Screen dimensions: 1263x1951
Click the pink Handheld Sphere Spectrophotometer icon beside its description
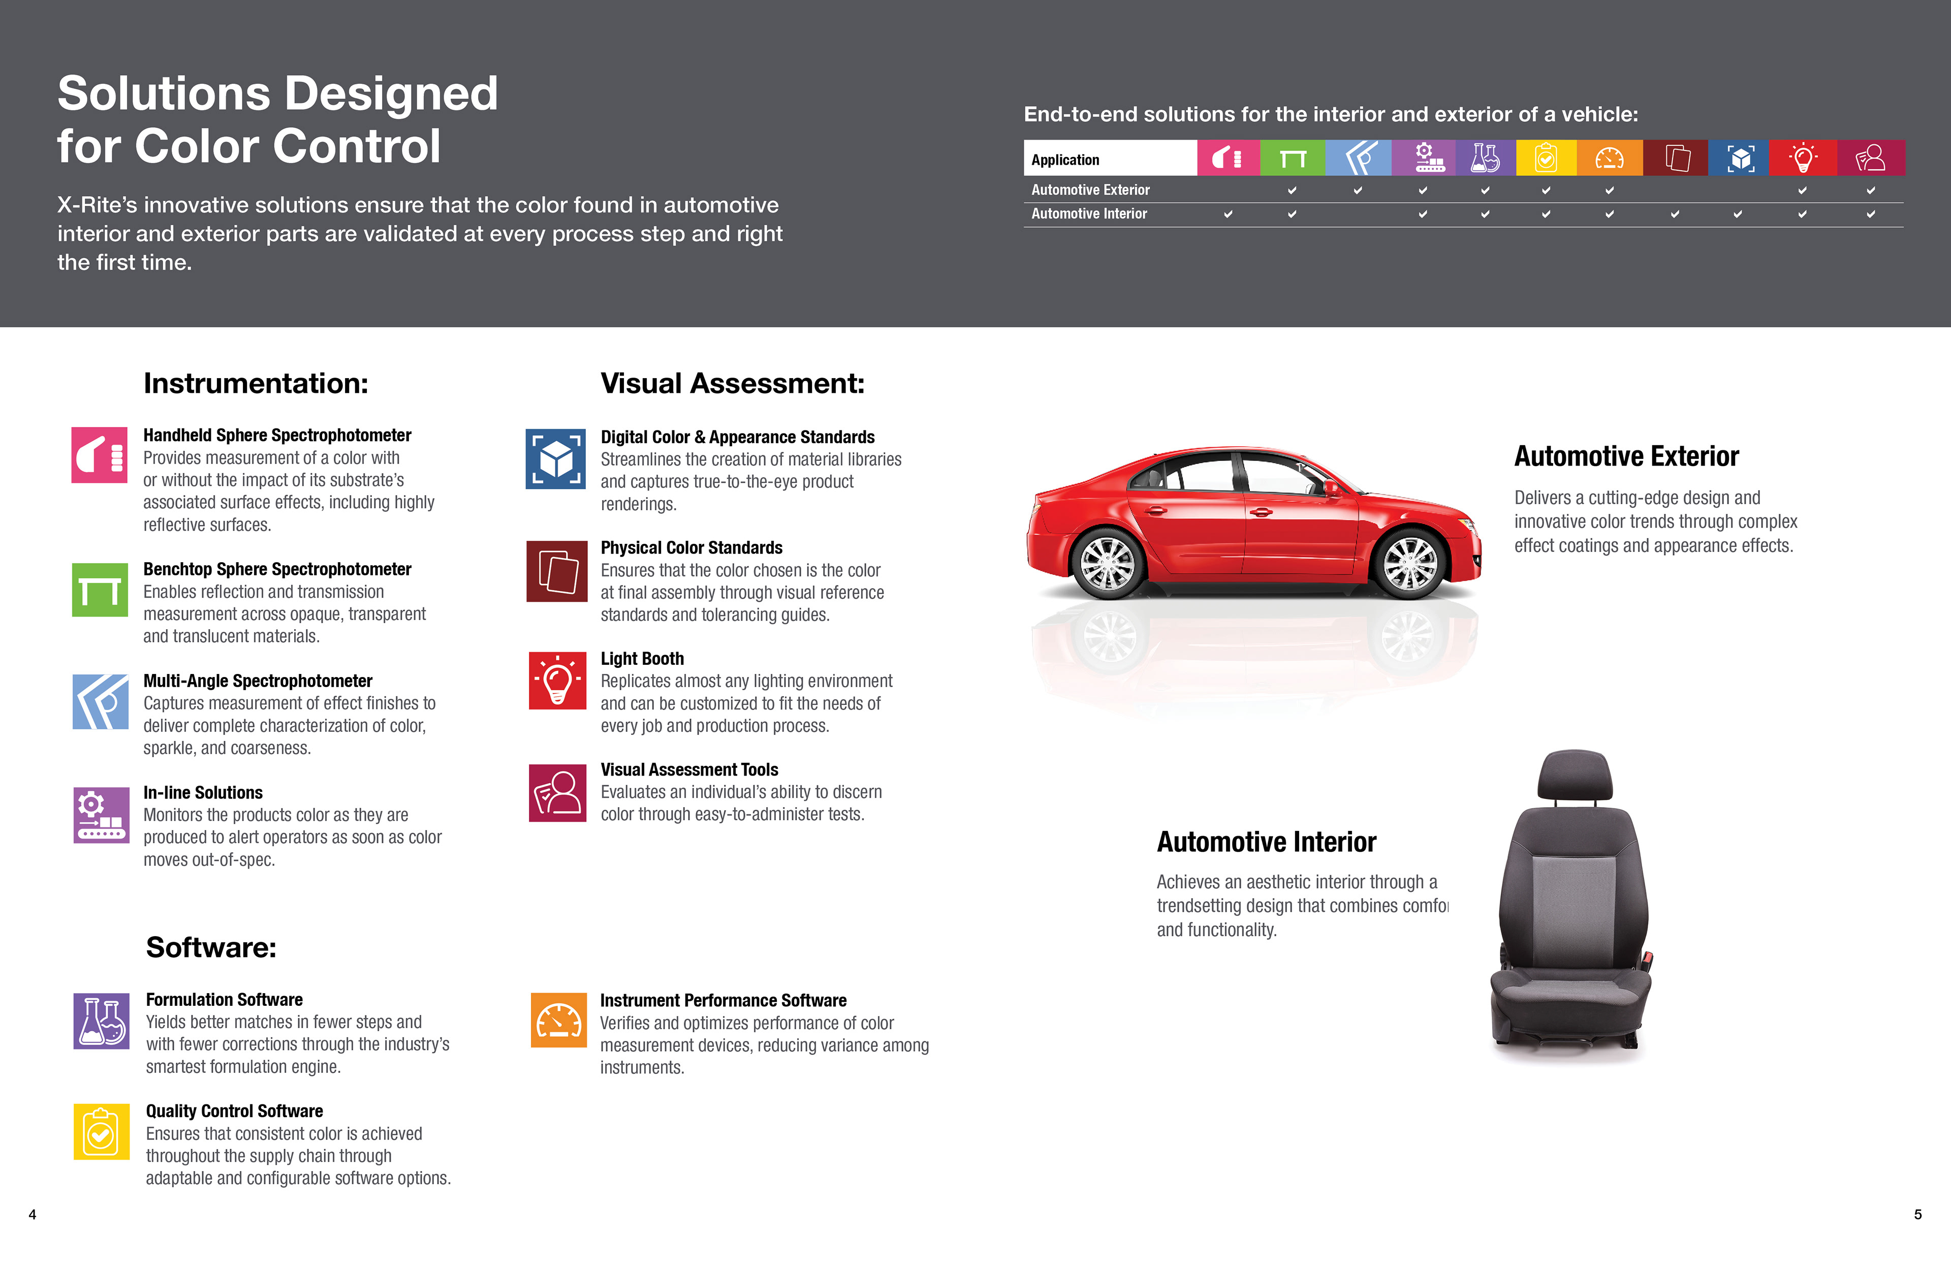click(99, 455)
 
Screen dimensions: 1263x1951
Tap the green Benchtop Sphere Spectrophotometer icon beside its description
click(100, 590)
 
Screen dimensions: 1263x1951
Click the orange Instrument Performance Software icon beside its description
click(558, 1020)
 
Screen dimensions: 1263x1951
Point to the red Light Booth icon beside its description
click(557, 681)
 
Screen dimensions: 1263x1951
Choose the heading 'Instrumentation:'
click(256, 384)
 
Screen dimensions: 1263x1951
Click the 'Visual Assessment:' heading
click(732, 384)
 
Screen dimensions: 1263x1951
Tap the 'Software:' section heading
click(211, 948)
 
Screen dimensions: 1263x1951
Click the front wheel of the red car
click(1410, 564)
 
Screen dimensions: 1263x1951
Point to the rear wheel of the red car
click(1108, 564)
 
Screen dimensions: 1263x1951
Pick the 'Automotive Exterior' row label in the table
click(1090, 190)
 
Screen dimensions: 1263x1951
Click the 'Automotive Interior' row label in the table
click(1089, 214)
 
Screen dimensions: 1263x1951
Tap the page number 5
click(1917, 1215)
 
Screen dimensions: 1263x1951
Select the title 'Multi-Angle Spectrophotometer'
click(258, 681)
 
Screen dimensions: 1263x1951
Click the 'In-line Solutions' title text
click(203, 793)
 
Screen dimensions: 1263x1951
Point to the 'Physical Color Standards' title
click(691, 548)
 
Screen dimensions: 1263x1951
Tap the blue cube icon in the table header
click(1740, 158)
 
